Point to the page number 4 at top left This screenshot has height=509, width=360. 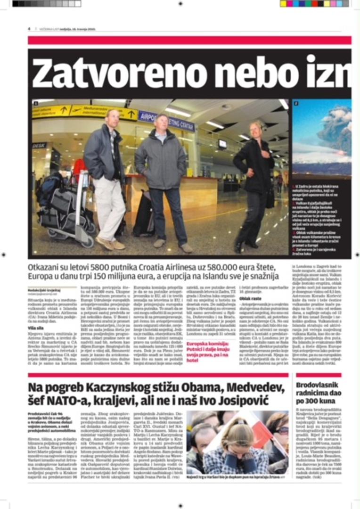tap(29, 29)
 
